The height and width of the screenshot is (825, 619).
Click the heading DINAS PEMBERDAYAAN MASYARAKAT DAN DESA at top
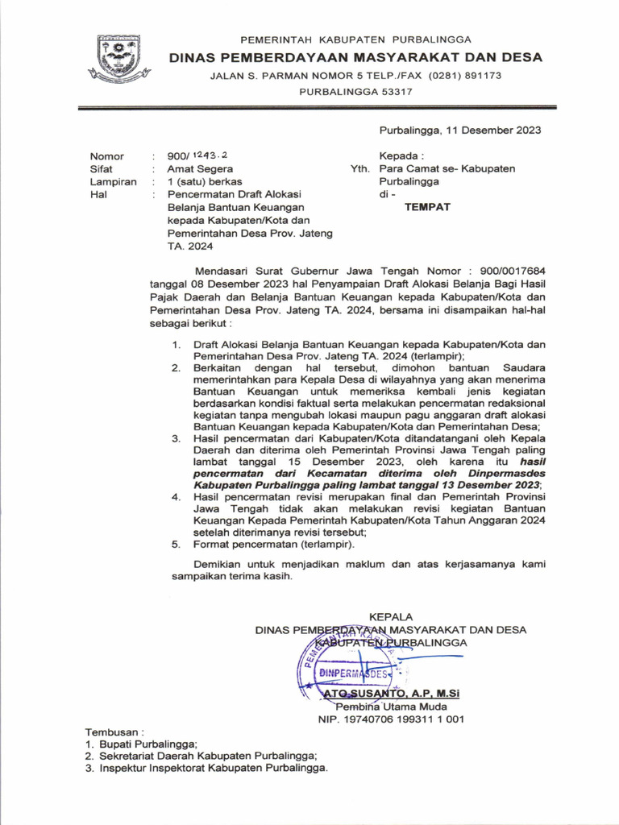355,57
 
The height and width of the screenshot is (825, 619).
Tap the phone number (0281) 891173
465,75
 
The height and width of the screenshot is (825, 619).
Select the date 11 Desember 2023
492,130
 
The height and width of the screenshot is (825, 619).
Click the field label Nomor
106,156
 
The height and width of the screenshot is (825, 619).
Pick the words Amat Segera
200,169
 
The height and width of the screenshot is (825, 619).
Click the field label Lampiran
113,182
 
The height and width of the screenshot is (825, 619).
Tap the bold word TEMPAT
427,207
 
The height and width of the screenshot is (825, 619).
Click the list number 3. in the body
177,438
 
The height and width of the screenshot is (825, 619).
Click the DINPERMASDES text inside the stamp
354,672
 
